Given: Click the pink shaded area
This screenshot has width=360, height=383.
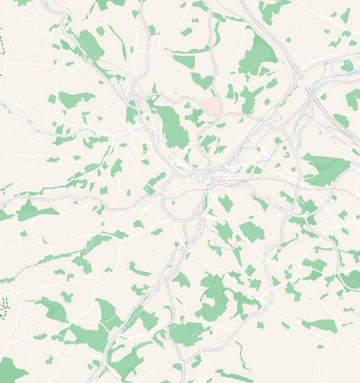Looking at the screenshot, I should [211, 105].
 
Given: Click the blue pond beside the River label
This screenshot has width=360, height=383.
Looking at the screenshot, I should [347, 64].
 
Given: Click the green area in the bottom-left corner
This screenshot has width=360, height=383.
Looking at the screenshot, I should [11, 370].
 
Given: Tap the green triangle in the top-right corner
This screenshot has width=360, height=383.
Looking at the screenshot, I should [346, 15].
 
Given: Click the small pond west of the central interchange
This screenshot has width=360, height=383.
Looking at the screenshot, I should [147, 188].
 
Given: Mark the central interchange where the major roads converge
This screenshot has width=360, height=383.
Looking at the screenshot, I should [207, 178].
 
